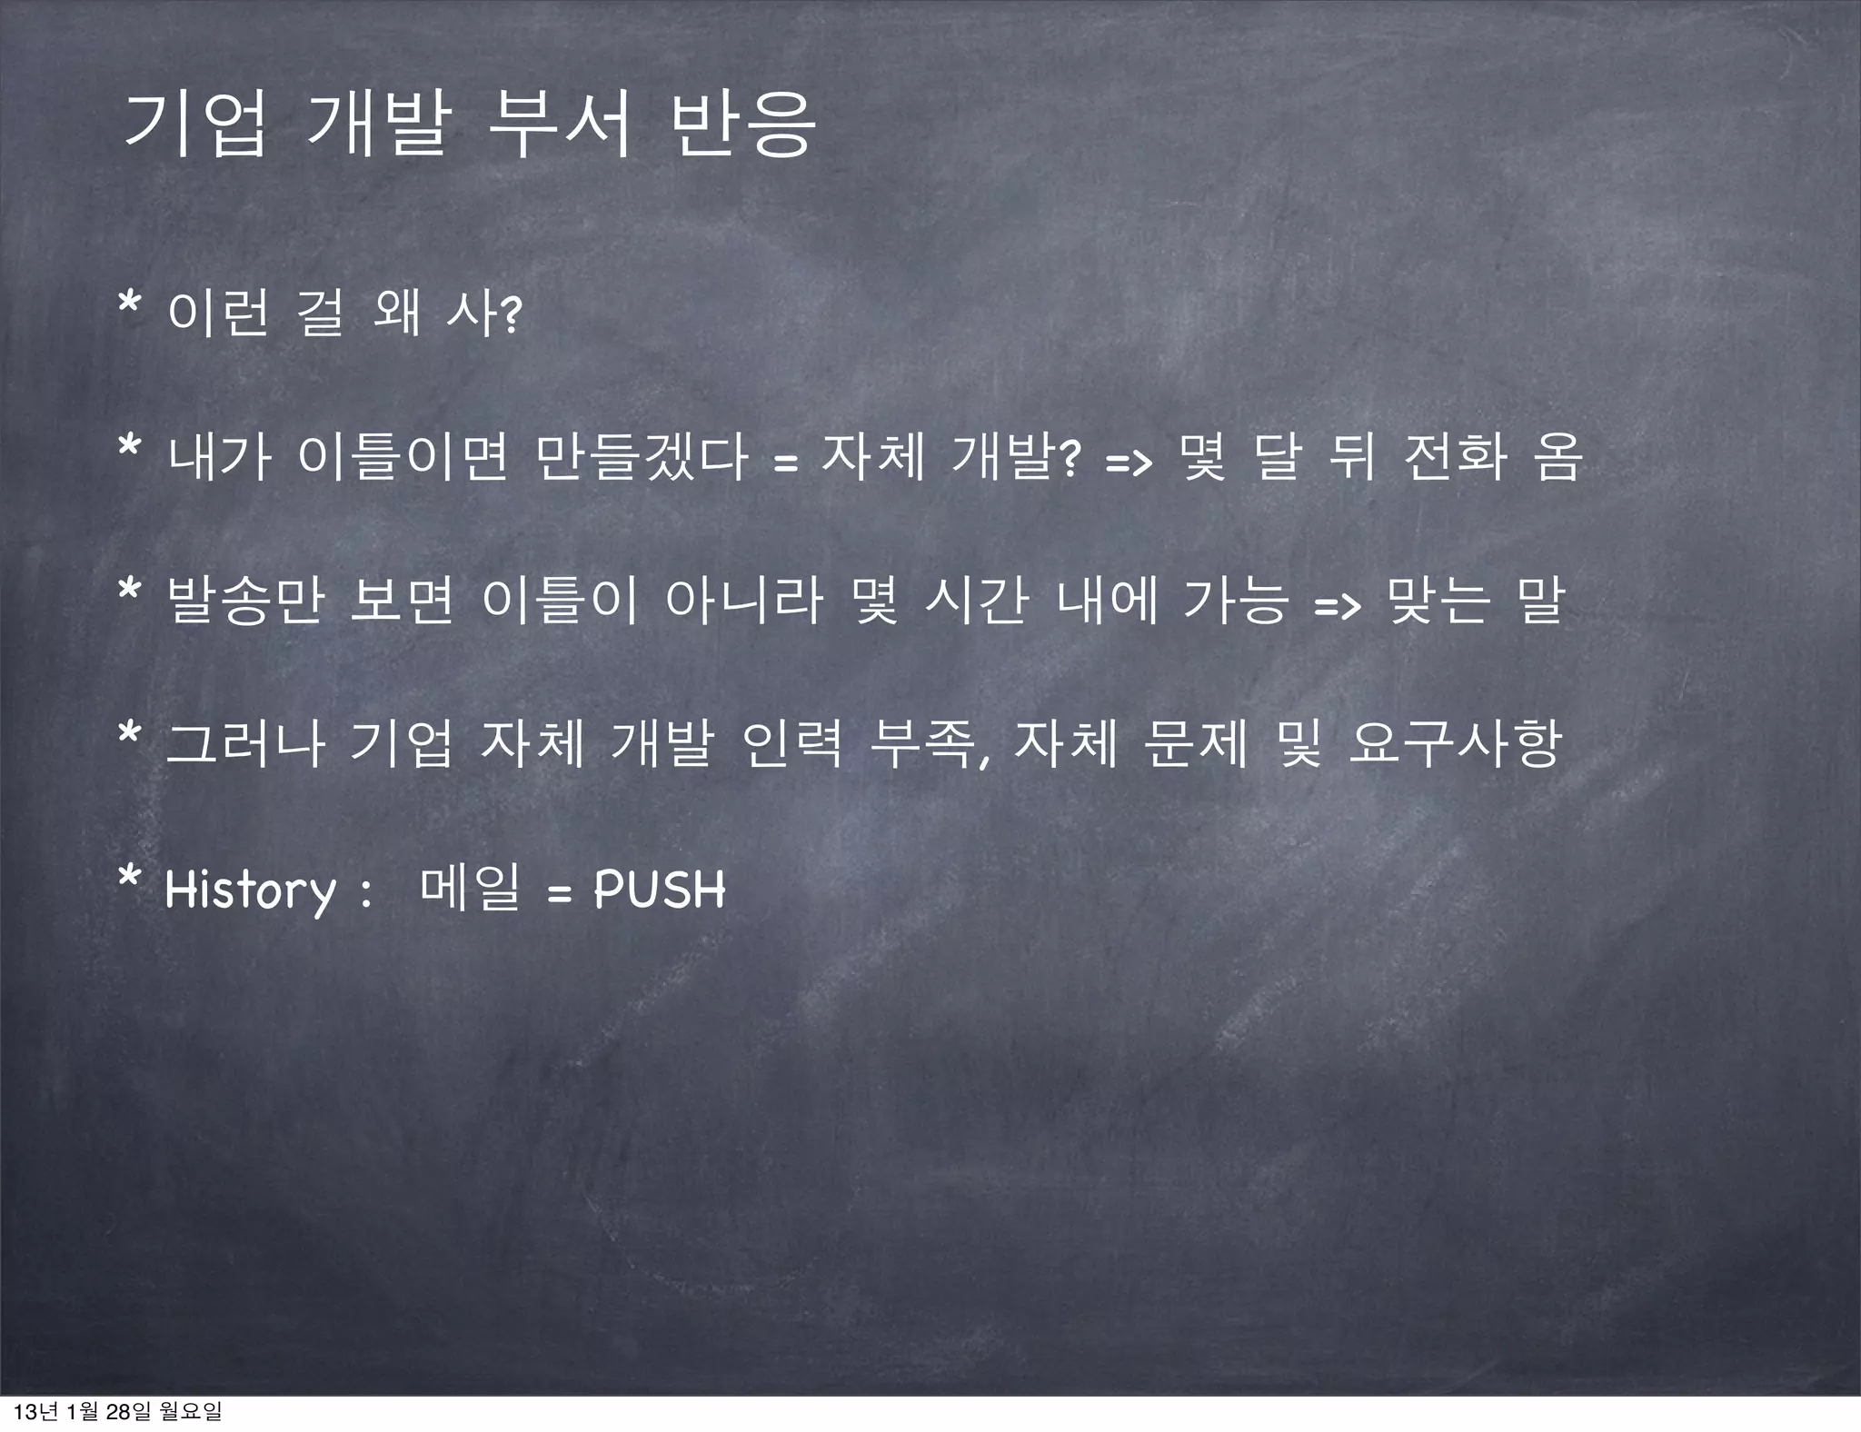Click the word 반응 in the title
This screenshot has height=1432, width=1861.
click(x=740, y=127)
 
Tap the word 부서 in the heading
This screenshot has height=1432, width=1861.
click(x=558, y=127)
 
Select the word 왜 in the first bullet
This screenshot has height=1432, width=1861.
click(x=397, y=314)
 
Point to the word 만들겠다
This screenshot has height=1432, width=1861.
click(x=642, y=456)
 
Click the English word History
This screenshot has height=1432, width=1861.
click(x=250, y=890)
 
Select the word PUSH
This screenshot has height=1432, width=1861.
click(x=660, y=889)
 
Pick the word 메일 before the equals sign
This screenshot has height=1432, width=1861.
click(x=470, y=888)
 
